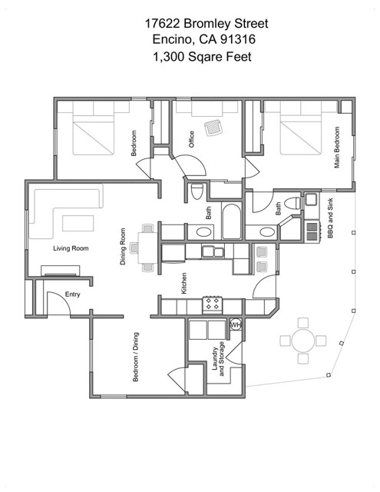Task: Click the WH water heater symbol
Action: (236, 324)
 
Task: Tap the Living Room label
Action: (71, 248)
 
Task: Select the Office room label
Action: (191, 139)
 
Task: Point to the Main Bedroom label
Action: (337, 147)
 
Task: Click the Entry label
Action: (72, 294)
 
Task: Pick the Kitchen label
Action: (184, 283)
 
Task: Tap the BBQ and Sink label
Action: (330, 218)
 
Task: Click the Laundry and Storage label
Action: (218, 359)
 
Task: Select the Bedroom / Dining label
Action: (136, 357)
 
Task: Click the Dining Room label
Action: (123, 246)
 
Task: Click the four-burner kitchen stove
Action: (213, 304)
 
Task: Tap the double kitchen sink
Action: (213, 252)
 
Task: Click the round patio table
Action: (303, 341)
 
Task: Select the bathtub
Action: (232, 221)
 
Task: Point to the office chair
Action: (213, 128)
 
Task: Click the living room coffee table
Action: (78, 223)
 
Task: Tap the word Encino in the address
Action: (172, 39)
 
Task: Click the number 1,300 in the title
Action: (168, 57)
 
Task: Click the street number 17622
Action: (162, 24)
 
